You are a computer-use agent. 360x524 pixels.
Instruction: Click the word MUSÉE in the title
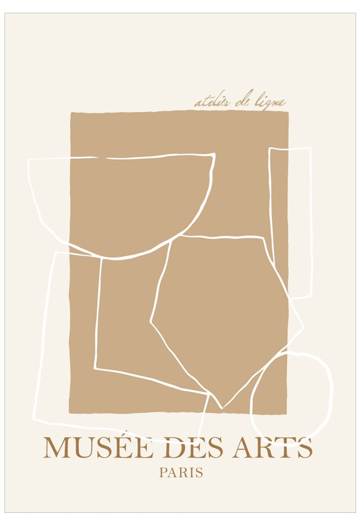click(x=98, y=448)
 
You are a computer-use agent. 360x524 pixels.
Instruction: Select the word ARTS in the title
click(x=272, y=448)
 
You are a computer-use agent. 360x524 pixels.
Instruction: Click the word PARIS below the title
click(x=181, y=474)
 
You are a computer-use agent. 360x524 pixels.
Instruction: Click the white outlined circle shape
click(x=291, y=397)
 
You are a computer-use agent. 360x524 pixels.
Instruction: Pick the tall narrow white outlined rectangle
click(x=290, y=222)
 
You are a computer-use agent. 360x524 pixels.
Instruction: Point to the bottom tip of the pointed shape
click(x=222, y=408)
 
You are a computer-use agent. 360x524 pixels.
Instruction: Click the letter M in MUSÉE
click(x=57, y=448)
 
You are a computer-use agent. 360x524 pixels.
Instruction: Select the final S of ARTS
click(x=304, y=448)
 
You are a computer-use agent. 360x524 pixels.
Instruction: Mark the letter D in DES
click(x=178, y=448)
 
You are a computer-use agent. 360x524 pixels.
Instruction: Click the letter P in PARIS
click(x=163, y=474)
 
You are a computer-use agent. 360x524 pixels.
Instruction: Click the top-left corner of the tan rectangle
click(x=70, y=113)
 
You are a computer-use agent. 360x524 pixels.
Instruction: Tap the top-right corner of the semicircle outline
click(x=214, y=155)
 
